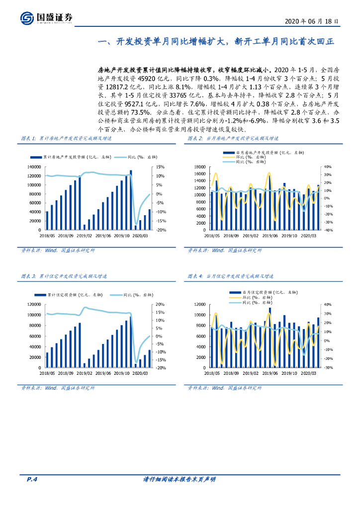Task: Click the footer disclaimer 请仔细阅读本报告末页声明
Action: click(179, 479)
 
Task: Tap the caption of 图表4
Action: click(230, 276)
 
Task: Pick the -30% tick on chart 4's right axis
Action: click(327, 368)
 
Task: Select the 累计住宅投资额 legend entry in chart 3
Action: click(71, 295)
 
